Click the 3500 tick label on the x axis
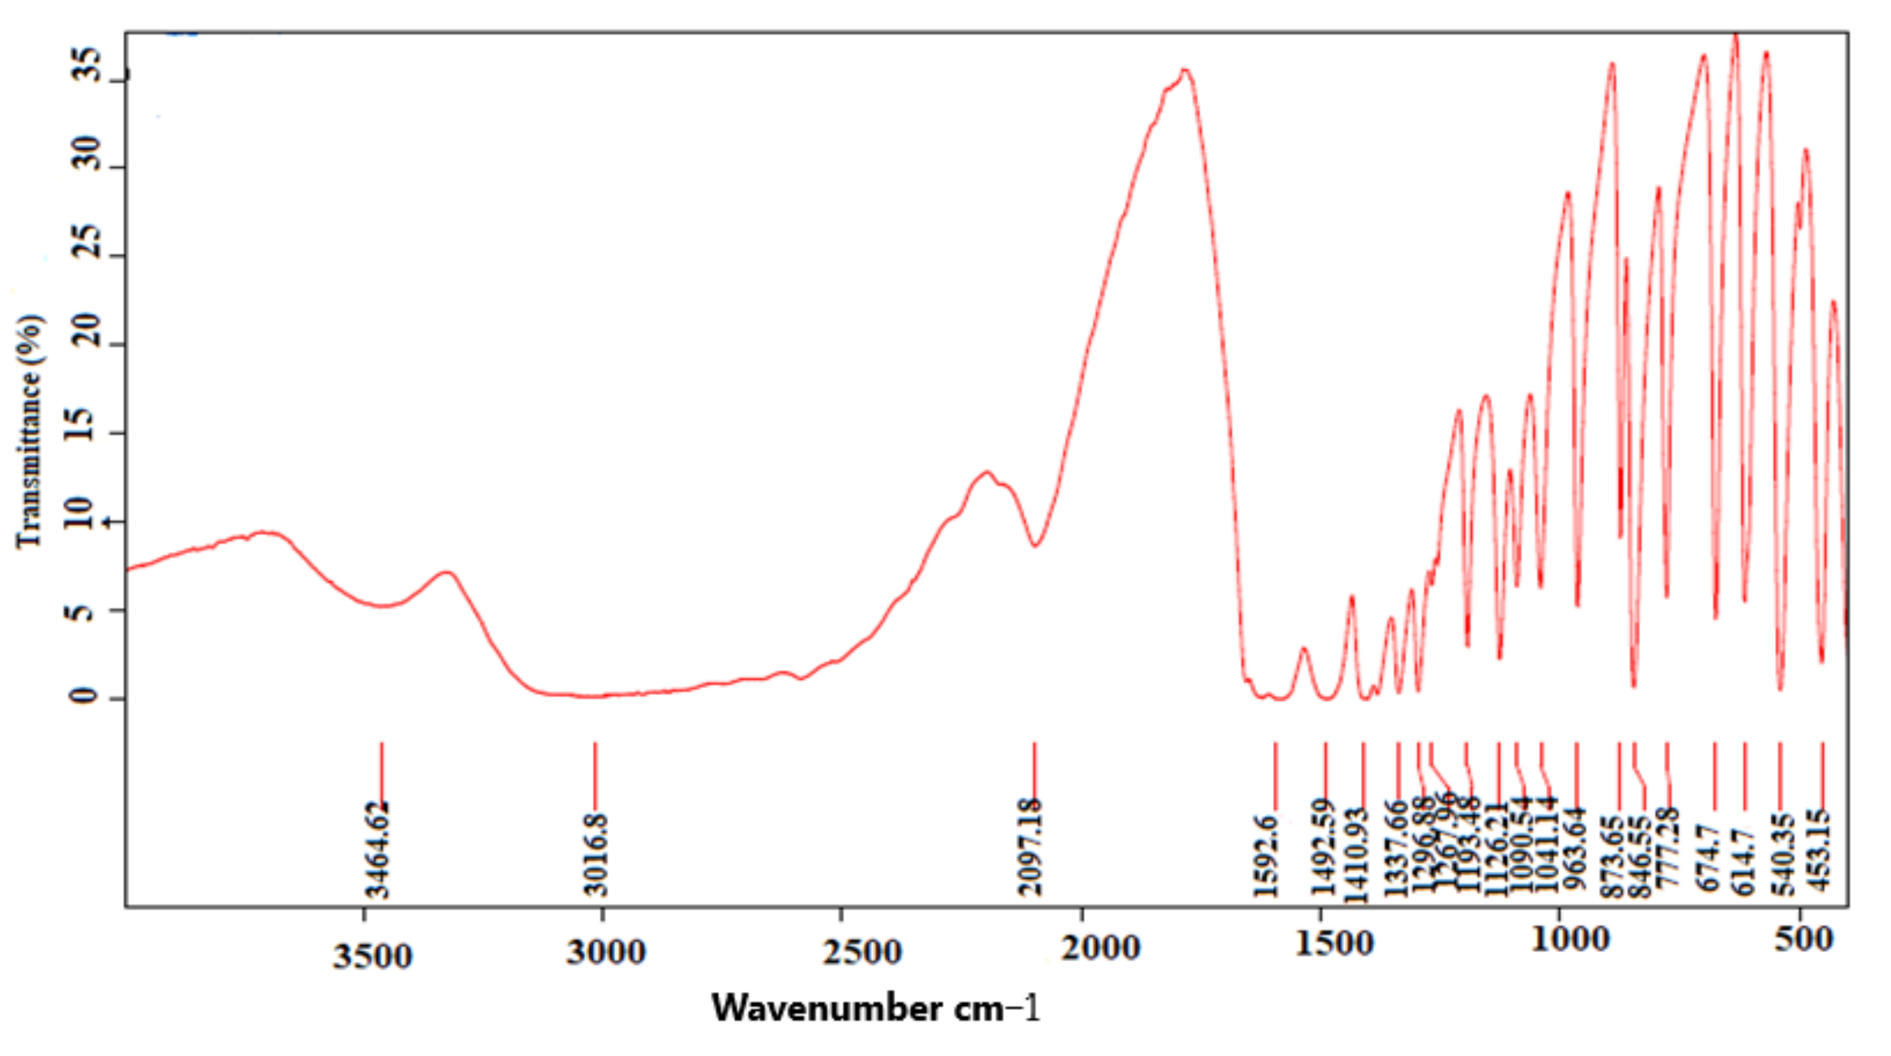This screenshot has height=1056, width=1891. (372, 956)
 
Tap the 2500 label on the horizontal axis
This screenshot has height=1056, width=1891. (861, 952)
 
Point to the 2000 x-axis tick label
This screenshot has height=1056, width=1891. (1100, 947)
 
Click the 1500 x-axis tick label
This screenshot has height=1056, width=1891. (1334, 944)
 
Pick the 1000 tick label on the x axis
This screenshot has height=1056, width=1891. (1570, 939)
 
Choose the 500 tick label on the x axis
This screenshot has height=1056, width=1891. (1803, 938)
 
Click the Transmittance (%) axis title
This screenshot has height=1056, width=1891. (30, 431)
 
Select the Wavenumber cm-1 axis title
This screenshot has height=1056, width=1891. (875, 1008)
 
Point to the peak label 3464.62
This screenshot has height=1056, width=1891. (378, 849)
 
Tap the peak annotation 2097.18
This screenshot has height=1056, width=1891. (1031, 848)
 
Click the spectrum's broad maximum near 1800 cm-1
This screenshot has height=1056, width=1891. (1183, 71)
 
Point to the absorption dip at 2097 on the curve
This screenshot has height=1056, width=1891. (1035, 546)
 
